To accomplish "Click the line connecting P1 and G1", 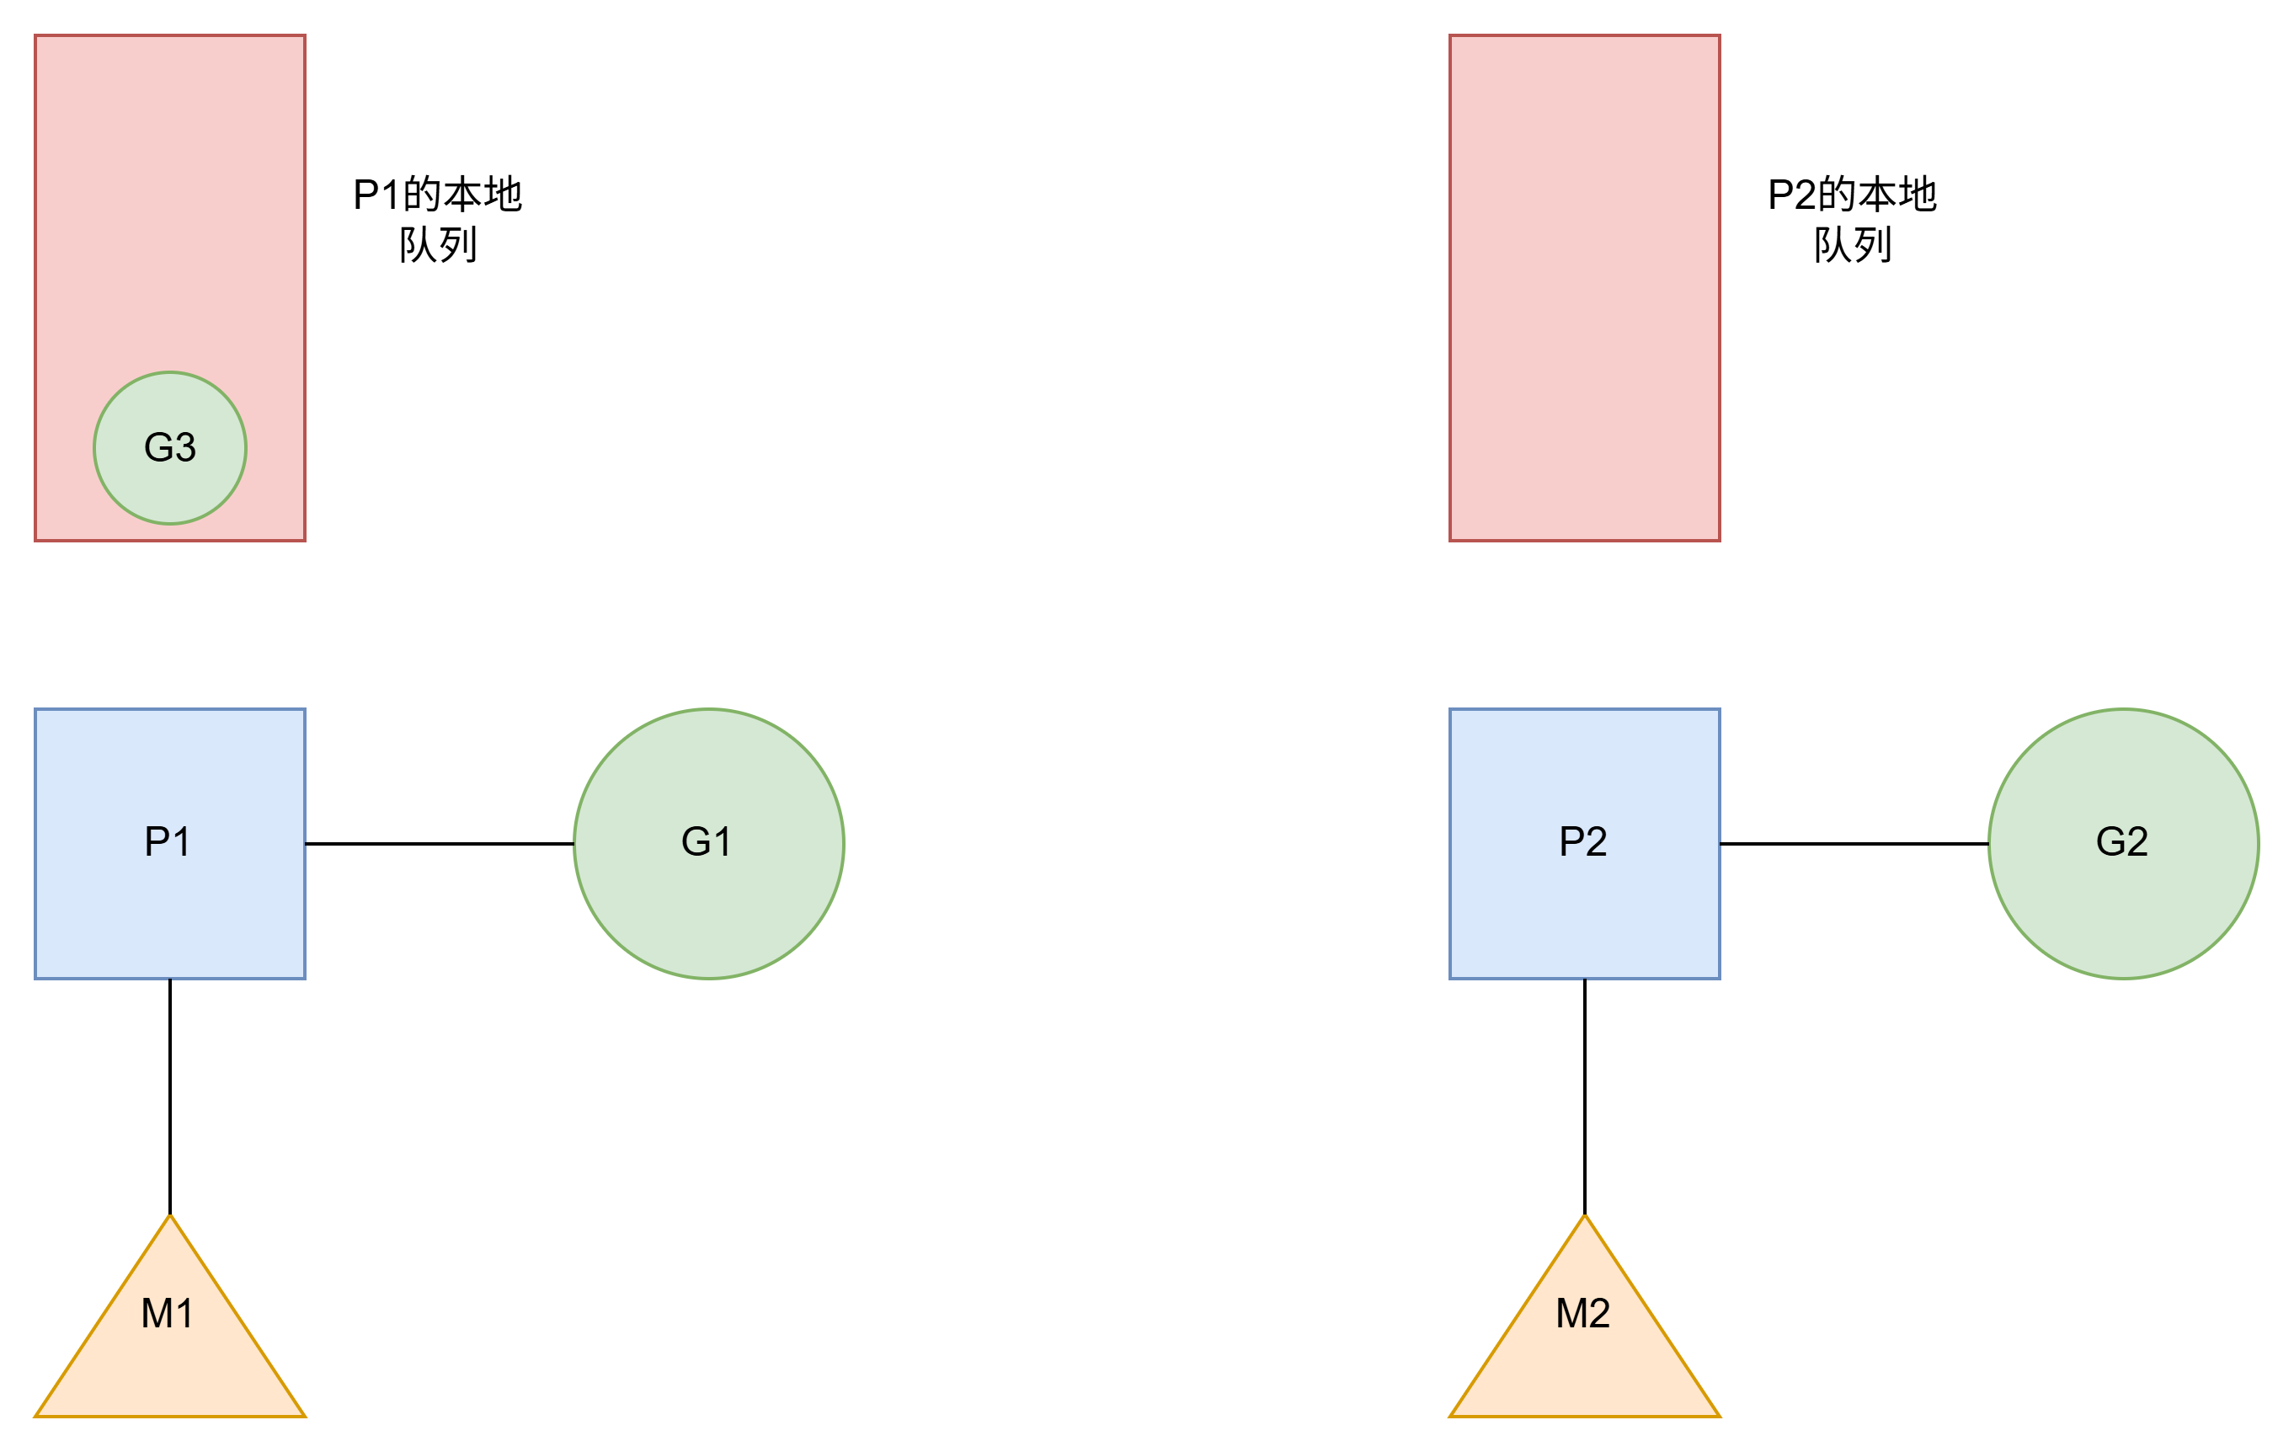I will pyautogui.click(x=439, y=843).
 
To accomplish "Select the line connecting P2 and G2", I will pyautogui.click(x=1854, y=843).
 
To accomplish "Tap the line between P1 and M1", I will pyautogui.click(x=169, y=1096).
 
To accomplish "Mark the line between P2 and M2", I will pyautogui.click(x=1584, y=1096).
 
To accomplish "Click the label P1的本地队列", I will pyautogui.click(x=437, y=219).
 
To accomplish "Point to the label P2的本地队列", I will pyautogui.click(x=1852, y=219).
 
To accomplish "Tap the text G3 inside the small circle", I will pyautogui.click(x=169, y=447).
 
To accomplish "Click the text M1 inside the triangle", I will pyautogui.click(x=167, y=1313).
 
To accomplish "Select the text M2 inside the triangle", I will pyautogui.click(x=1582, y=1313).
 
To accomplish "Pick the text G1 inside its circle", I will pyautogui.click(x=706, y=841).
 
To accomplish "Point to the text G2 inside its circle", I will pyautogui.click(x=2121, y=841).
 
